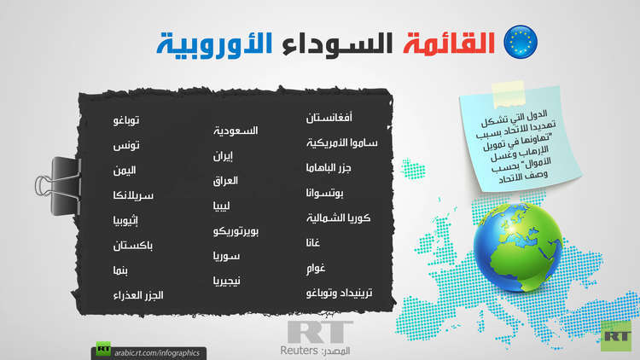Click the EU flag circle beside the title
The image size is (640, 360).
[521, 42]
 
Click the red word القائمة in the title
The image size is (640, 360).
[449, 43]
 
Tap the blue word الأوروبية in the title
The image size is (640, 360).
[214, 44]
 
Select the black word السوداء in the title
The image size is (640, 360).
[337, 44]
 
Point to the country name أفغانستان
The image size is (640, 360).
[329, 118]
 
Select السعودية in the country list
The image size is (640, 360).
[236, 131]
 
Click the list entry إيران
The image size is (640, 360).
[223, 156]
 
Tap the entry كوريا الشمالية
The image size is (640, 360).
[339, 218]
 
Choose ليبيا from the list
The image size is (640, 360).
[221, 206]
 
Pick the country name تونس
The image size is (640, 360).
[126, 145]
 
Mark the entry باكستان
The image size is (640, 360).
[132, 246]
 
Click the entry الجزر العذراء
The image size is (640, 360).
[138, 295]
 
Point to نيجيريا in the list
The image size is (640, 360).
[226, 281]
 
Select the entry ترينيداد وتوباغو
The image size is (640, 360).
[339, 293]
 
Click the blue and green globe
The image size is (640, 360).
[518, 247]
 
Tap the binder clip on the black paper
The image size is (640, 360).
[58, 186]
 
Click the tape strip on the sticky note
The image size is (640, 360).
[509, 94]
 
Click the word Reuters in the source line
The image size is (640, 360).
[300, 351]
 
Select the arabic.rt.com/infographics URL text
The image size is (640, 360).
[157, 352]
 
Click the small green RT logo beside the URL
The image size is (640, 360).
[103, 349]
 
